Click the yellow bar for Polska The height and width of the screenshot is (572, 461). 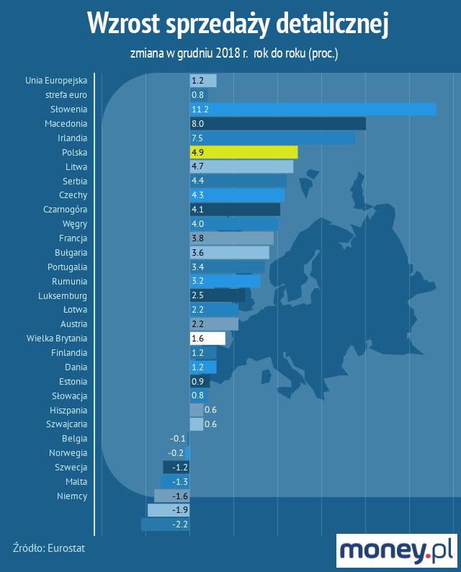tap(243, 152)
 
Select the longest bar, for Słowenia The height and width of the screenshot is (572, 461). tap(313, 110)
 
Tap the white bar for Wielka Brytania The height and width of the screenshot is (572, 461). tap(207, 339)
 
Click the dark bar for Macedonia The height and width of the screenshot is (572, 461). tap(277, 124)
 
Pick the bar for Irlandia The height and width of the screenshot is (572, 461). tap(272, 138)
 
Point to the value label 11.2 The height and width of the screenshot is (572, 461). tap(200, 110)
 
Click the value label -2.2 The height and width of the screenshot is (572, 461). tap(180, 524)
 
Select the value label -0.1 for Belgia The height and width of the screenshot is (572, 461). tap(178, 439)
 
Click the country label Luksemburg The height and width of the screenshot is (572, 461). tap(63, 295)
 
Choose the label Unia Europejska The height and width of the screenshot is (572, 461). tap(55, 81)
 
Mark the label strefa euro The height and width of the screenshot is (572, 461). tap(66, 95)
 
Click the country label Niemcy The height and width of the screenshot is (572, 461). tap(72, 496)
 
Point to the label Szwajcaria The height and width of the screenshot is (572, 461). tap(64, 424)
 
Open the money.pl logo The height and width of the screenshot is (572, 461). tap(396, 550)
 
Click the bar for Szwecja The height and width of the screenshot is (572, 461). tap(176, 468)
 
